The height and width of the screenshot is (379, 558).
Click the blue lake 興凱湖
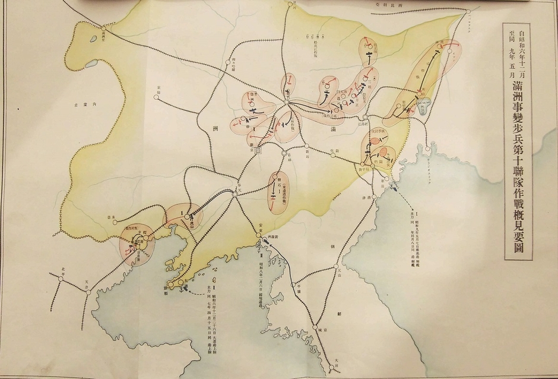click(423, 106)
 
